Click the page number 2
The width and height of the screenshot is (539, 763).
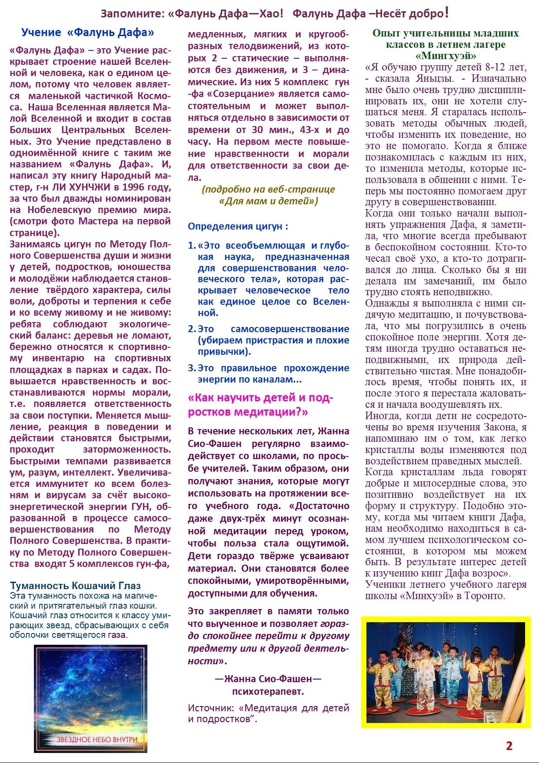509,746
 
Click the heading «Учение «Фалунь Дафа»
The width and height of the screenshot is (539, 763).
87,33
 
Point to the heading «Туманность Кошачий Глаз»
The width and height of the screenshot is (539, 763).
75,586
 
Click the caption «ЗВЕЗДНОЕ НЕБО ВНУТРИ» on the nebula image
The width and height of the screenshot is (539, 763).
96,739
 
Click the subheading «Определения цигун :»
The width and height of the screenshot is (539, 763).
238,226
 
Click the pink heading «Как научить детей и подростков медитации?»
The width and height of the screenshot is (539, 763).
260,405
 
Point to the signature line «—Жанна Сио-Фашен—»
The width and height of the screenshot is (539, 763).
268,679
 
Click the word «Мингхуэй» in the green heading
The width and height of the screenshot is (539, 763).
446,56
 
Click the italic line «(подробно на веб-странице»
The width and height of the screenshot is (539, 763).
268,190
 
